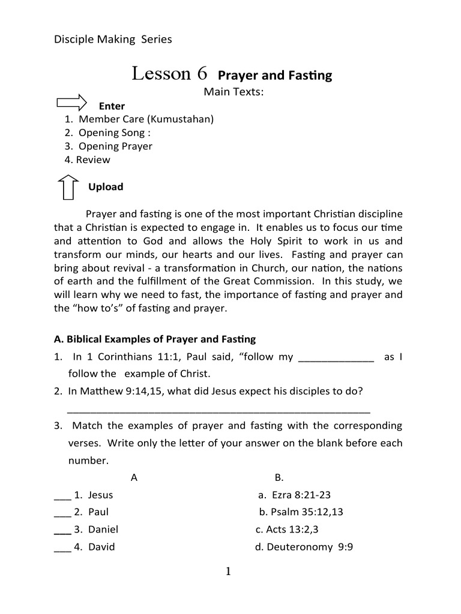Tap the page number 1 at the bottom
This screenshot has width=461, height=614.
tap(228, 571)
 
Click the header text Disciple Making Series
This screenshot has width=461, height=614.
tap(113, 40)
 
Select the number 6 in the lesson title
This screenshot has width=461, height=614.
tap(202, 74)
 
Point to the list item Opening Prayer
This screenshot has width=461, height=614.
tap(115, 146)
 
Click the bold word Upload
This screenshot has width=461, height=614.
tap(106, 186)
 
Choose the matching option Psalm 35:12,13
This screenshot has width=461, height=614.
tap(301, 512)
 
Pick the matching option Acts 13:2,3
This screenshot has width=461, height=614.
tap(287, 529)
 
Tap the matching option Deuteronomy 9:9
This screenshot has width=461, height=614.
tap(304, 547)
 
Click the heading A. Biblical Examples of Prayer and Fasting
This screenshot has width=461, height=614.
tap(155, 339)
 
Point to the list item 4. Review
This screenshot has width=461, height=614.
tap(88, 159)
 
